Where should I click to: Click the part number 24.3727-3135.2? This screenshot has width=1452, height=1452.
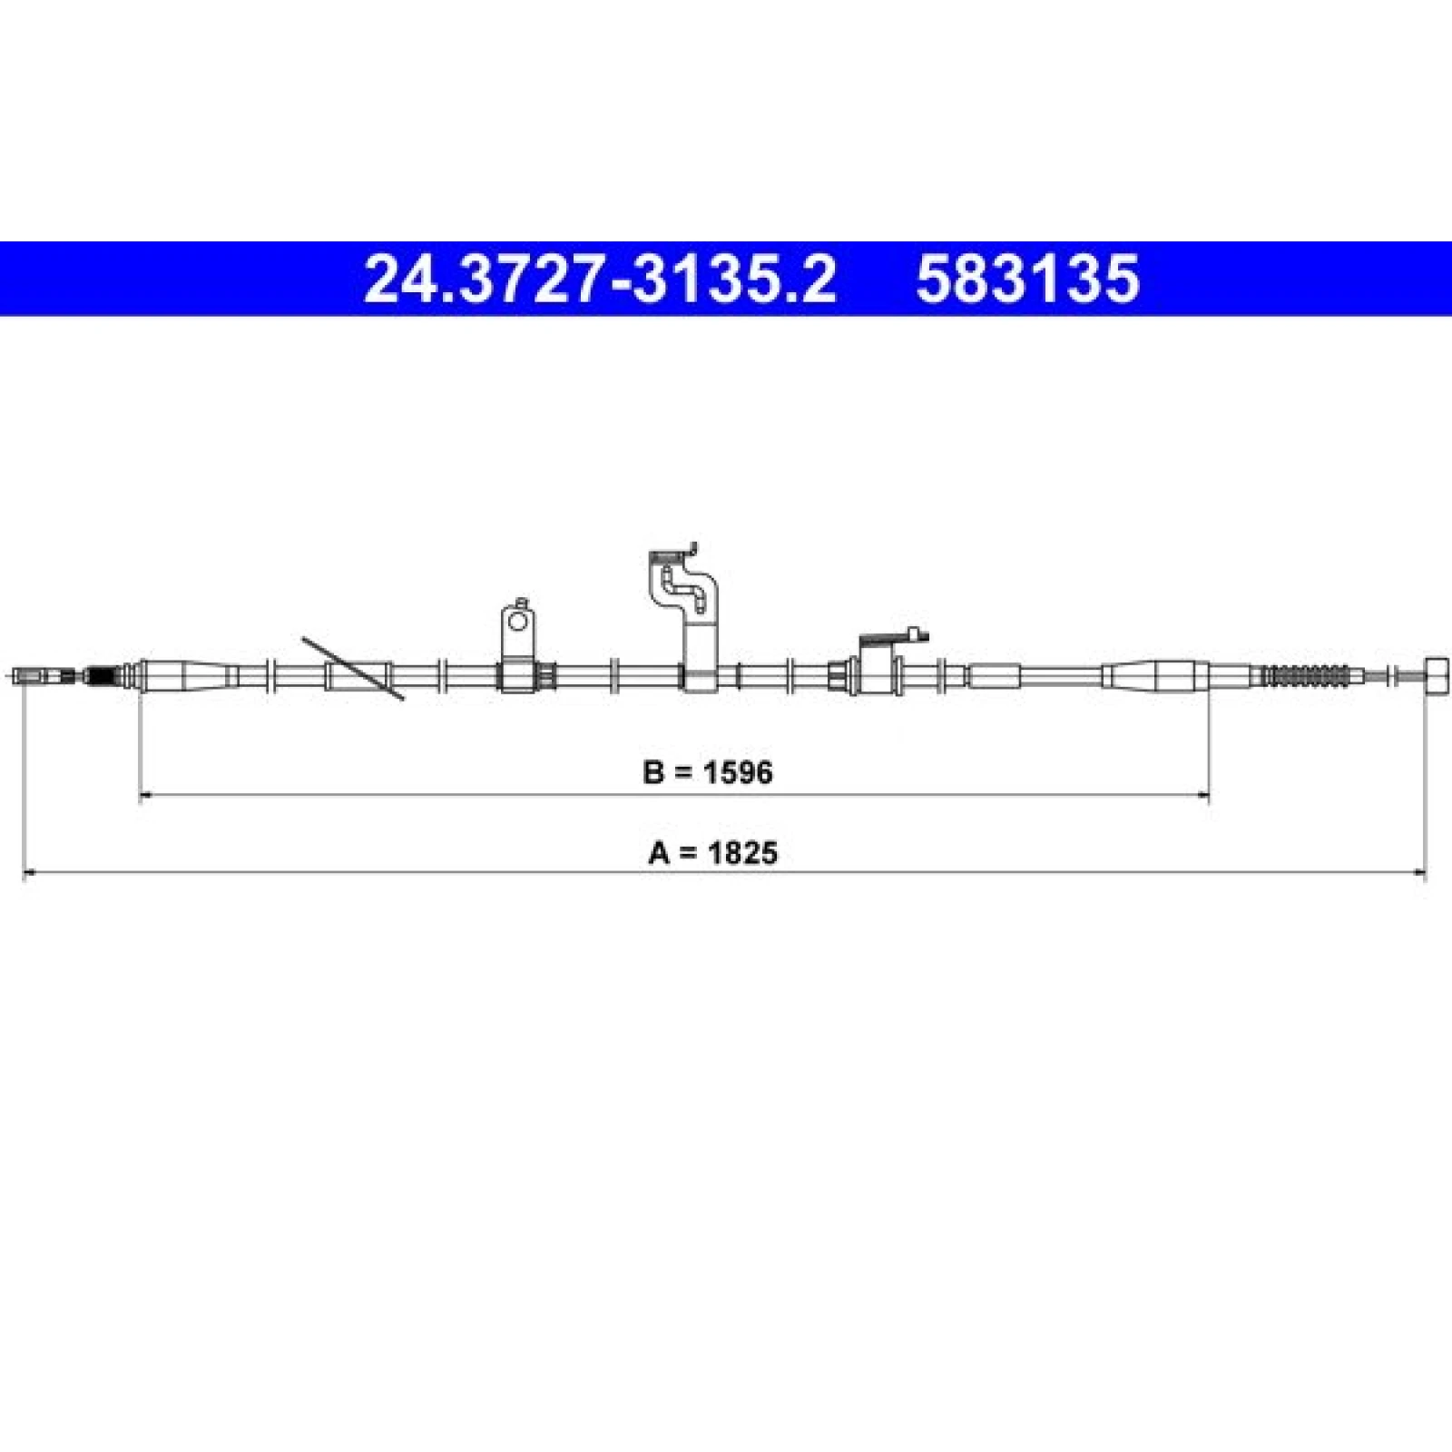pyautogui.click(x=599, y=279)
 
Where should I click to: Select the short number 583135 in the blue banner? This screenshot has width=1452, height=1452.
pyautogui.click(x=1027, y=279)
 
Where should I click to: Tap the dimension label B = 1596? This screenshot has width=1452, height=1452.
pyautogui.click(x=708, y=773)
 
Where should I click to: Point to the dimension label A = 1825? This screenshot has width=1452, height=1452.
pyautogui.click(x=713, y=853)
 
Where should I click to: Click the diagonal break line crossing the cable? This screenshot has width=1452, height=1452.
pyautogui.click(x=353, y=669)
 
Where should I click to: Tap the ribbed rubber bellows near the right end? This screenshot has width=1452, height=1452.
pyautogui.click(x=1307, y=676)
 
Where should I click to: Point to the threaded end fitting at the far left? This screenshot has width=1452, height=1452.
pyautogui.click(x=44, y=676)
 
